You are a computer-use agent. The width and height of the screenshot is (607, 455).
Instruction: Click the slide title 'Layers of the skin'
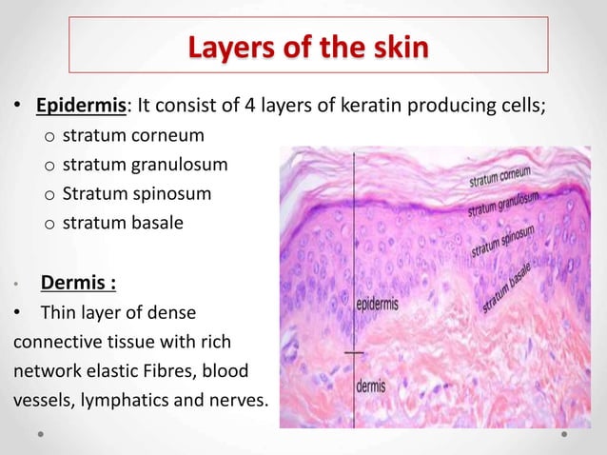pos(308,45)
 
